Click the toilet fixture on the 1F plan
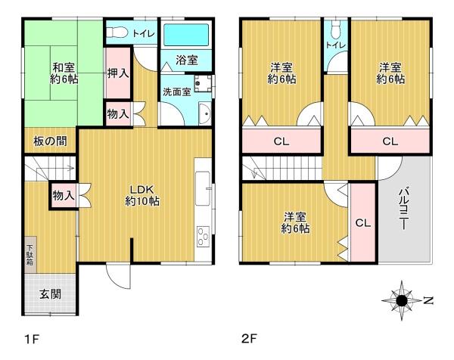coord(117,33)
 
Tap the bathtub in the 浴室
coord(186,35)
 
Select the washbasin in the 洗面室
coord(205,113)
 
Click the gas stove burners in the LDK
coord(203,237)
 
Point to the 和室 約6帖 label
coord(64,73)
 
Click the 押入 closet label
coord(118,73)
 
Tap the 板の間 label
coord(50,141)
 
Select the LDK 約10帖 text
coord(142,195)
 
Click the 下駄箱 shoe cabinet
coord(30,255)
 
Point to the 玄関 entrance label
coord(51,294)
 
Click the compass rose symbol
coord(402,301)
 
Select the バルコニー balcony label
coord(403,209)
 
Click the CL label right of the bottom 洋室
coord(363,223)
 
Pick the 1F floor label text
coord(32,339)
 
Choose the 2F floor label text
coord(249,338)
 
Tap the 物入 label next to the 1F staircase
coord(64,195)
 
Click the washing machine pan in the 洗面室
coord(203,83)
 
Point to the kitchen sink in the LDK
coord(203,188)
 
